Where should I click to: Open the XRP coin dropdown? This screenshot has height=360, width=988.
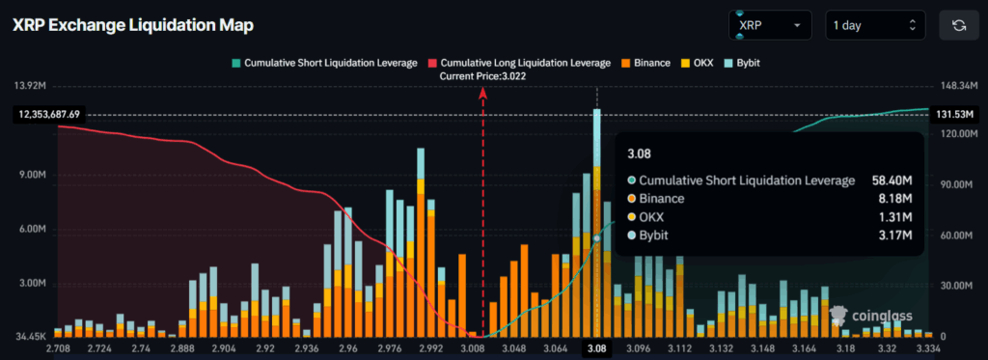[x=771, y=25]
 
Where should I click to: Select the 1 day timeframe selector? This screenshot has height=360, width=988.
[x=874, y=25]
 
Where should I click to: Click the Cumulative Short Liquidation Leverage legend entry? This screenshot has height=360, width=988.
[x=325, y=63]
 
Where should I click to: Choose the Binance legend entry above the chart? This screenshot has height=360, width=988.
[x=645, y=63]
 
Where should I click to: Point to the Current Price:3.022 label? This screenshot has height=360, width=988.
[x=482, y=75]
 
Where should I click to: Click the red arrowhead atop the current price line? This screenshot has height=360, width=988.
[x=482, y=91]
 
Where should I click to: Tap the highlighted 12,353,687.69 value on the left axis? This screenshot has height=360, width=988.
[x=46, y=114]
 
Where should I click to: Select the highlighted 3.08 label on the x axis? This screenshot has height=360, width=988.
[x=597, y=347]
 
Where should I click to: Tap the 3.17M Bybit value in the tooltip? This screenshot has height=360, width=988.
[x=897, y=235]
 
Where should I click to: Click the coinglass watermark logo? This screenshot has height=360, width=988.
[x=864, y=315]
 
